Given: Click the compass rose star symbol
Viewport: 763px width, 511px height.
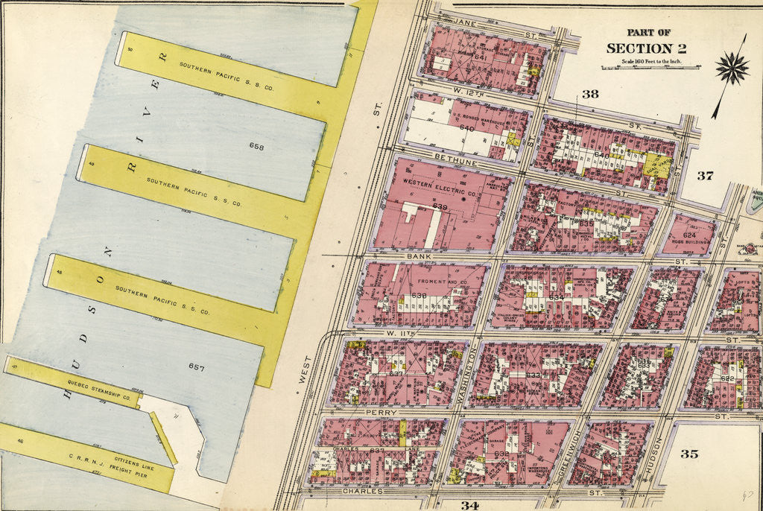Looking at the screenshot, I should pyautogui.click(x=732, y=69).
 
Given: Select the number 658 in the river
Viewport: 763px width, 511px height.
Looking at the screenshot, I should pyautogui.click(x=258, y=145).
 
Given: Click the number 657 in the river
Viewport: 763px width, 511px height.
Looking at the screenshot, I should pyautogui.click(x=197, y=368).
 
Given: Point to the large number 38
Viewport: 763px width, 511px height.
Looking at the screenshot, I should pyautogui.click(x=590, y=94).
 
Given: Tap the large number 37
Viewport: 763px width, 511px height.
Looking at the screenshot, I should pyautogui.click(x=705, y=176).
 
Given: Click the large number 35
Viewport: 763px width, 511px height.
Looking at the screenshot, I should pyautogui.click(x=689, y=453).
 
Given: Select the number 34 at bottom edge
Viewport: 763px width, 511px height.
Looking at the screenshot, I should pyautogui.click(x=469, y=505).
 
